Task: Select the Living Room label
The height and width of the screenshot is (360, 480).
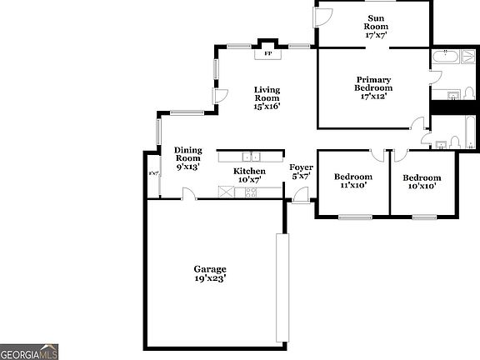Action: (267, 97)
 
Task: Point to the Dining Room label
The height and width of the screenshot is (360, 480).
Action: (188, 158)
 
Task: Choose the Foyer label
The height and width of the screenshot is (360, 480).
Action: (301, 172)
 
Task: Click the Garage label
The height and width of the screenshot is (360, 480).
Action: (210, 273)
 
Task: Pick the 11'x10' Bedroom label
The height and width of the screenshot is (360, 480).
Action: (352, 181)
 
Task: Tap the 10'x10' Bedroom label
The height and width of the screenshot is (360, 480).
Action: (422, 181)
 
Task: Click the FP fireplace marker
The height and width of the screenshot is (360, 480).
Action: (267, 53)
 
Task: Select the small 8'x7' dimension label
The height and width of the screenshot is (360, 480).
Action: (153, 173)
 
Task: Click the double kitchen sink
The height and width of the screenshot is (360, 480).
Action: (251, 156)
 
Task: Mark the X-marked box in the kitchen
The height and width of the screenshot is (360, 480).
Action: (227, 192)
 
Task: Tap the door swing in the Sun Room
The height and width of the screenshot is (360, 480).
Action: (323, 17)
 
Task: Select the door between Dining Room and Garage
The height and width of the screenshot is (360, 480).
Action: (190, 194)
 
